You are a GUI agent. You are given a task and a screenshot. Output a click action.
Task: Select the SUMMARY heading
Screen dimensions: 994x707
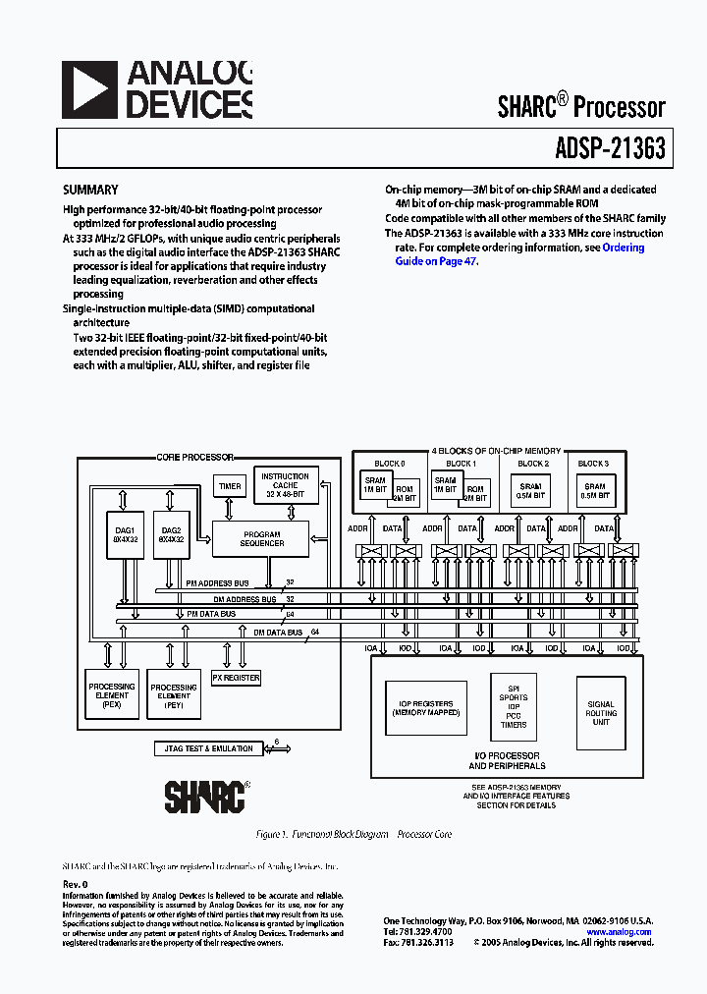[90, 191]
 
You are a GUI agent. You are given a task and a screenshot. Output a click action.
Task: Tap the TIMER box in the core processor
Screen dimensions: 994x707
[230, 486]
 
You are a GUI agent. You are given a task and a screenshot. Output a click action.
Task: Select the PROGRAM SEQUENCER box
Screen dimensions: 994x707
[261, 538]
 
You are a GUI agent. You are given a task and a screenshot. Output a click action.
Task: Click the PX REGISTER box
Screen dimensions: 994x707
[237, 678]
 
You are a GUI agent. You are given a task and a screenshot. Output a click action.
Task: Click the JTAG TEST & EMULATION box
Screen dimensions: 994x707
[204, 749]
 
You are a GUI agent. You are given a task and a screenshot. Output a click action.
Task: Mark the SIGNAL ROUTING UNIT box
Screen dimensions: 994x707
[601, 713]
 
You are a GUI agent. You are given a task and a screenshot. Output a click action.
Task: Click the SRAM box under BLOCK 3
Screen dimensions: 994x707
[594, 491]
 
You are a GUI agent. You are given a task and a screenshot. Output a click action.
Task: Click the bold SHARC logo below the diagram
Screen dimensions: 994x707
[204, 796]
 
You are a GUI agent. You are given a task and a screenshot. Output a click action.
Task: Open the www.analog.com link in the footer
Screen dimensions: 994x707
[619, 931]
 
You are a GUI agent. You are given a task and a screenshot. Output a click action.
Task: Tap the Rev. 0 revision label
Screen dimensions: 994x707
[75, 884]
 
